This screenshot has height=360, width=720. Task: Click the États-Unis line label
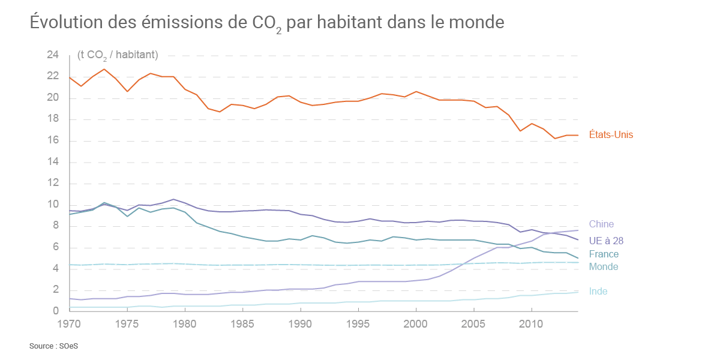[611, 135]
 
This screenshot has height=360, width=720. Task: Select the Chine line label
[601, 224]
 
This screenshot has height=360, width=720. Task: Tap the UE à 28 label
[606, 241]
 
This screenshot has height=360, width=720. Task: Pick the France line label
[604, 254]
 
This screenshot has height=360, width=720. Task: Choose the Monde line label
[604, 267]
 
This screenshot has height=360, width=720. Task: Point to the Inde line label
[598, 292]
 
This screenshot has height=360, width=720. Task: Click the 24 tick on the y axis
[53, 55]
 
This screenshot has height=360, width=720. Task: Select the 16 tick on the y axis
[53, 141]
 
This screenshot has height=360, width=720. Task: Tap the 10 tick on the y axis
[53, 205]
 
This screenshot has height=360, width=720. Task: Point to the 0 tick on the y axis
[56, 311]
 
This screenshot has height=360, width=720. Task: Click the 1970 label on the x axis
[70, 325]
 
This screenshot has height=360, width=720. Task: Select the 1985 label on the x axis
[242, 325]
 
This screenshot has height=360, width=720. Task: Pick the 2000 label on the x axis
[416, 325]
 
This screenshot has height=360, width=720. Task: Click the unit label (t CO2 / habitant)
[118, 55]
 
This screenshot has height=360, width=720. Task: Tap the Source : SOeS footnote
[54, 347]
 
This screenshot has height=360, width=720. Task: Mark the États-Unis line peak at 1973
[104, 69]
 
